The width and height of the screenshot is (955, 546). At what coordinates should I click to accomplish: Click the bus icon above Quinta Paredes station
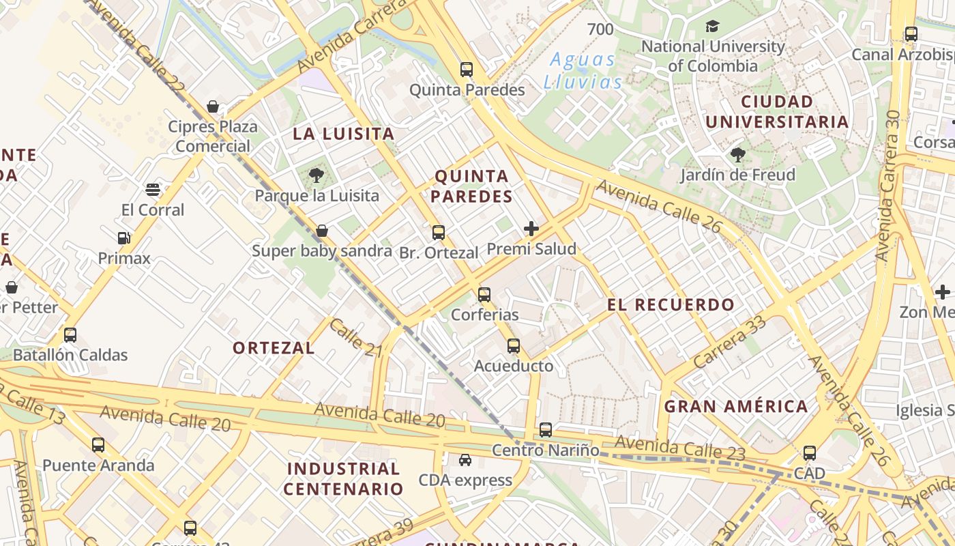[x=467, y=70]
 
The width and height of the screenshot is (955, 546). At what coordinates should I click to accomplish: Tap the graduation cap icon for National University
[x=712, y=27]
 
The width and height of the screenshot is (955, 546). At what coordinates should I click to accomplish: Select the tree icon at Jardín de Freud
[x=737, y=155]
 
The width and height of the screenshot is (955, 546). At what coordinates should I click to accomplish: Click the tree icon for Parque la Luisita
[x=316, y=176]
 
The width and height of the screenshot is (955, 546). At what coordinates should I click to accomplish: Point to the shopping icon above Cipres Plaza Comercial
[x=213, y=106]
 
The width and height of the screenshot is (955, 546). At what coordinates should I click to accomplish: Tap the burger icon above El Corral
[x=153, y=189]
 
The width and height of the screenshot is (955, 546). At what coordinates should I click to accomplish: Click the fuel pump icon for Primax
[x=123, y=238]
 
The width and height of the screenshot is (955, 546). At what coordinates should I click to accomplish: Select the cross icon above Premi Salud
[x=531, y=229]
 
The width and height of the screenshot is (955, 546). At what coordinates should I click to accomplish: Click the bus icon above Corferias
[x=484, y=295]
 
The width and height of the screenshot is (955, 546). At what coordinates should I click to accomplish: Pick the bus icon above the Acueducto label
[x=514, y=346]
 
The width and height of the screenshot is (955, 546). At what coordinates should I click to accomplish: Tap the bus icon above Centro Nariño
[x=546, y=430]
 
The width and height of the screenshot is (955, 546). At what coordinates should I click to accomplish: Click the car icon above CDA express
[x=465, y=460]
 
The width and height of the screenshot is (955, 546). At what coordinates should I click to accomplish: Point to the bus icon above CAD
[x=810, y=452]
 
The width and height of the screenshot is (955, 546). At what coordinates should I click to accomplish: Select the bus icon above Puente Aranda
[x=98, y=445]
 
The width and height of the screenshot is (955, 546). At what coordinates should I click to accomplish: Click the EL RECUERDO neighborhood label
[x=671, y=305]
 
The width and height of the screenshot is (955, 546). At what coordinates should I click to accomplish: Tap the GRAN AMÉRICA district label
[x=736, y=407]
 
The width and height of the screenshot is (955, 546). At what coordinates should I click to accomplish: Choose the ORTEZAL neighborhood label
[x=274, y=348]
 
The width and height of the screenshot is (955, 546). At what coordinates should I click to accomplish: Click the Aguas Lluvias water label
[x=583, y=71]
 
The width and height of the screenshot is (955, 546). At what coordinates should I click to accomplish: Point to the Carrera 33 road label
[x=729, y=343]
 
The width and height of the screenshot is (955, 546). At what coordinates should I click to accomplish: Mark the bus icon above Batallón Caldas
[x=70, y=335]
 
